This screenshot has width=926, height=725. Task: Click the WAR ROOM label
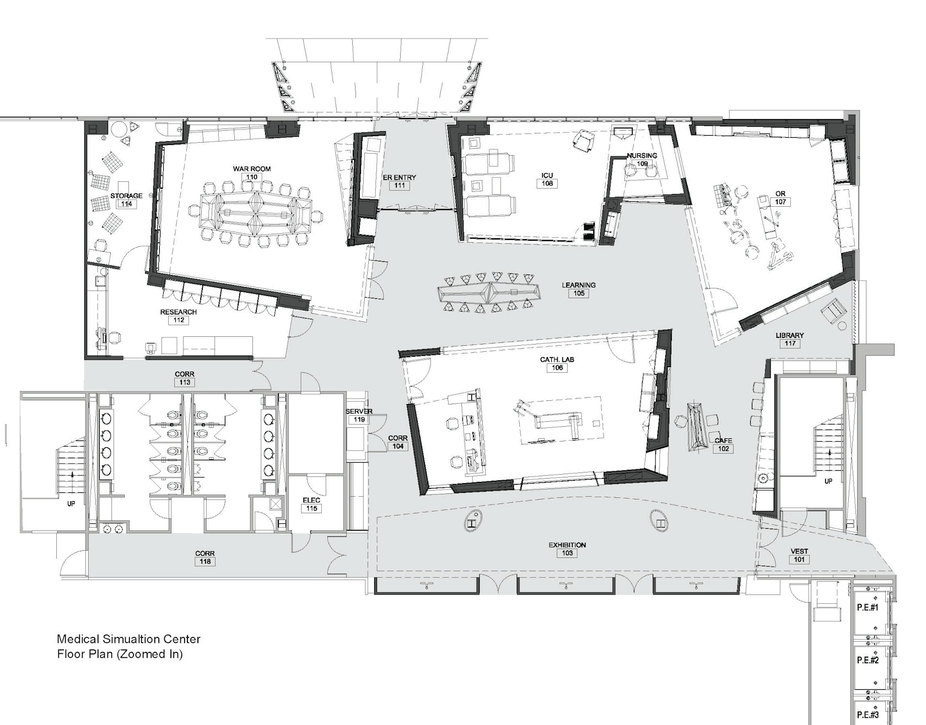[x=252, y=169]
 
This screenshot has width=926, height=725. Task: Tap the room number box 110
[x=252, y=177]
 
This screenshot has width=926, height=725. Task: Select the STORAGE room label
[x=126, y=196]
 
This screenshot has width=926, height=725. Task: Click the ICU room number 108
[x=547, y=184]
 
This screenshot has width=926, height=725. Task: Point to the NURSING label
[x=642, y=155]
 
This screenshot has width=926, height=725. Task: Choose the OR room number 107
[x=780, y=202]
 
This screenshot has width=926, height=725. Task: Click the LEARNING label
[x=579, y=285]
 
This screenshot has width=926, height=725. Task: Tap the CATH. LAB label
[x=557, y=359]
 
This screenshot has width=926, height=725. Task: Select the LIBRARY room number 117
[x=790, y=343]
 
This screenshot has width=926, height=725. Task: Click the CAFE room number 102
[x=724, y=449]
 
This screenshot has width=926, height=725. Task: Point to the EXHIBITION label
[x=567, y=545]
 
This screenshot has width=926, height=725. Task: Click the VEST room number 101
[x=799, y=559]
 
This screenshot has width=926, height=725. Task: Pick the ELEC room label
[x=311, y=500]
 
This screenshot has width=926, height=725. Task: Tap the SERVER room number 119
[x=359, y=420]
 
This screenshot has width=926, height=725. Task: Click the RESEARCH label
[x=179, y=312]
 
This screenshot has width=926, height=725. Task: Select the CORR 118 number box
[x=205, y=561]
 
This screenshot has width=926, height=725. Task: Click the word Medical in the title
[x=78, y=640]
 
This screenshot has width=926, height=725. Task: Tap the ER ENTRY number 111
[x=400, y=186]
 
